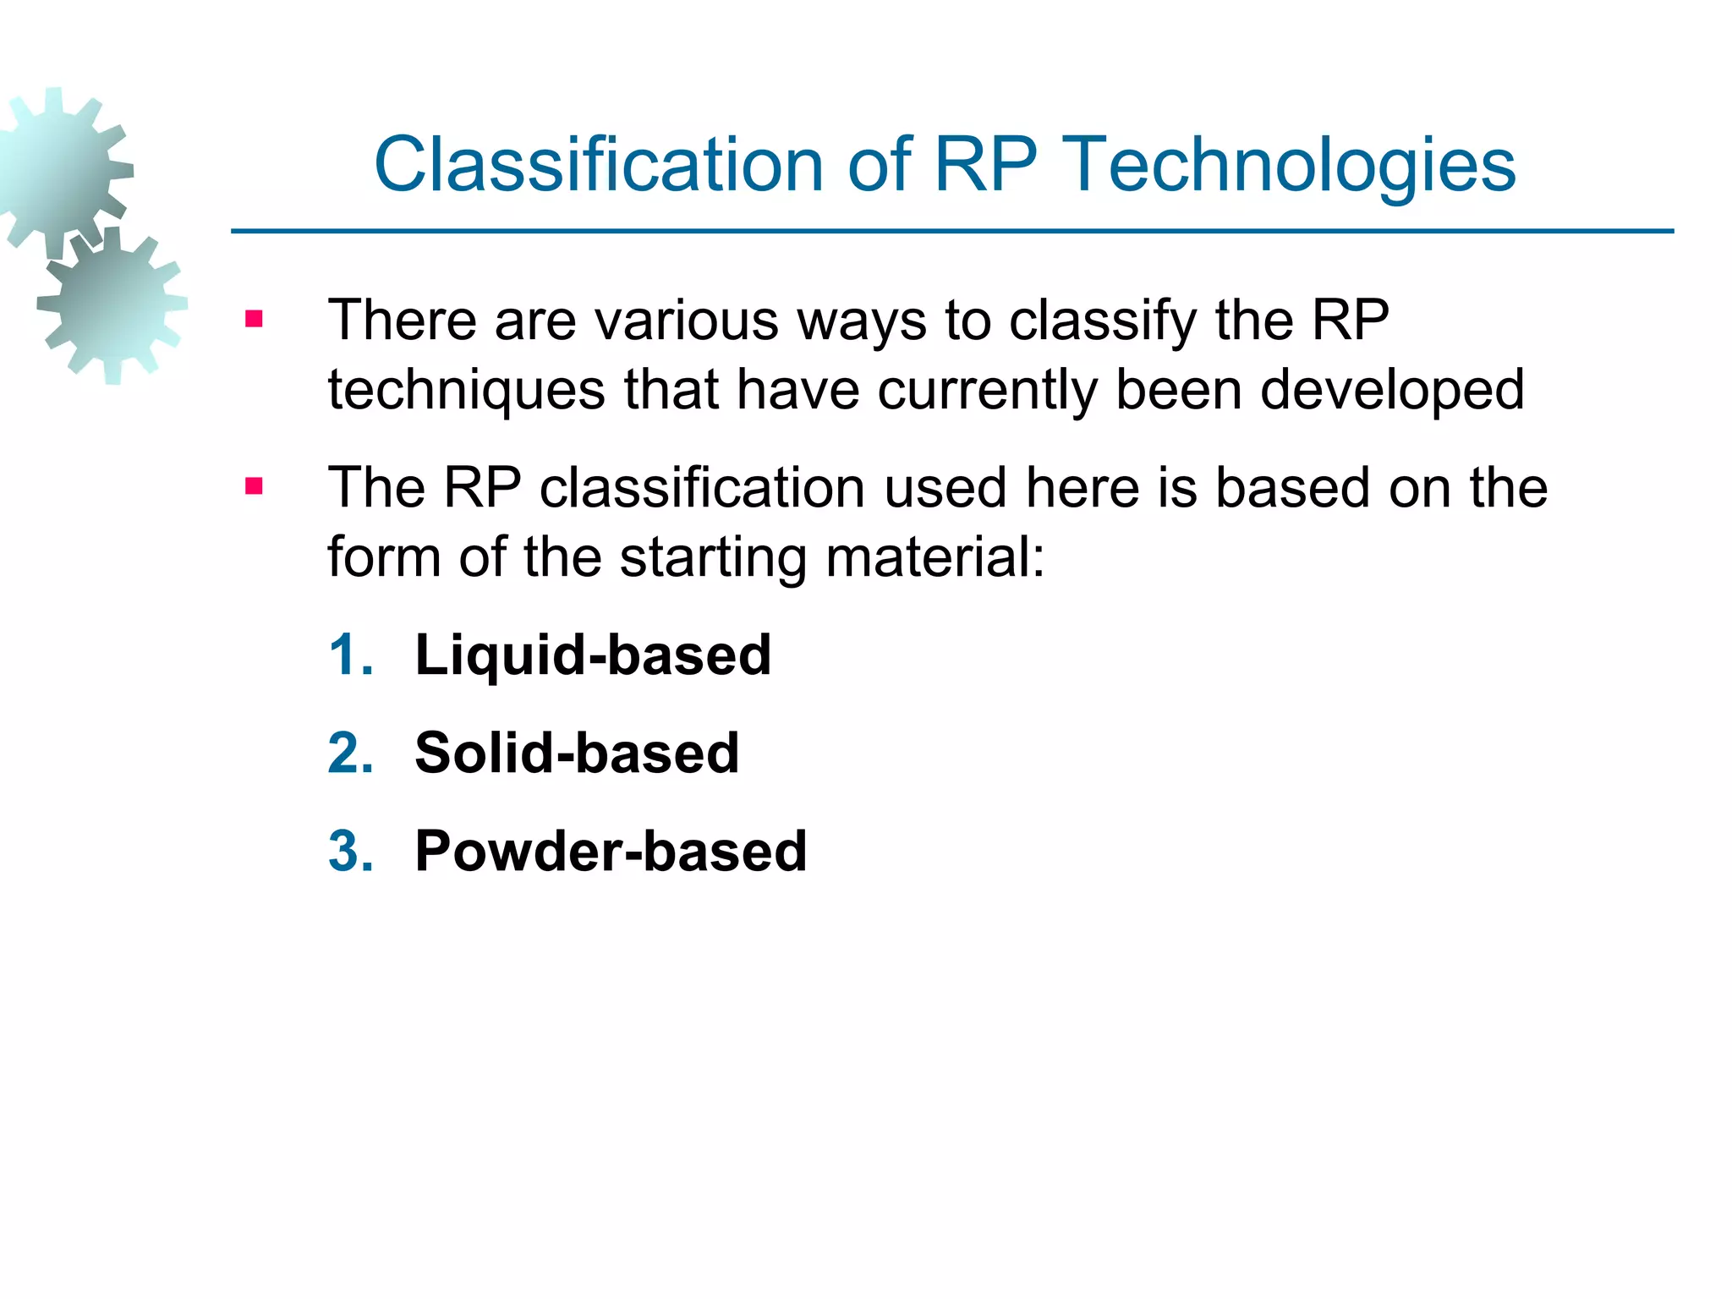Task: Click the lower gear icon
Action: tap(112, 304)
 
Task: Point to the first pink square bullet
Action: tap(254, 320)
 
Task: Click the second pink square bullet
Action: tap(254, 486)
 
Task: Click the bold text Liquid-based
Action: tap(593, 655)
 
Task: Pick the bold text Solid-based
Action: tap(577, 753)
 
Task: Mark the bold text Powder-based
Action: tap(611, 851)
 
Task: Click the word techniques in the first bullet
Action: tap(466, 391)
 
